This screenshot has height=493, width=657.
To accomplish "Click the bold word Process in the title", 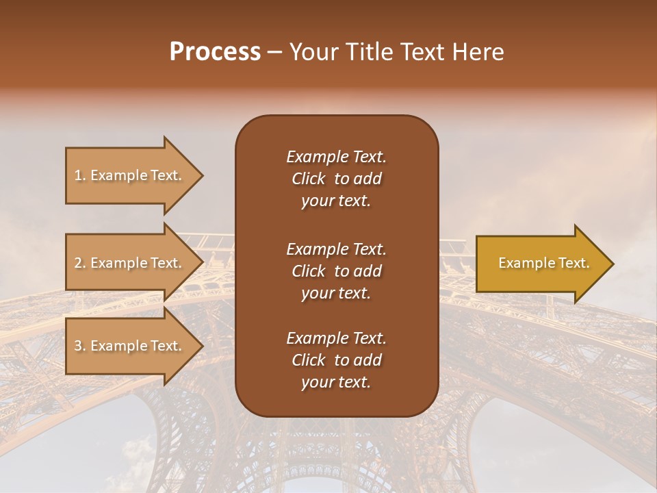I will [215, 52].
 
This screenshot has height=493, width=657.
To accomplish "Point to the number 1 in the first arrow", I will [78, 175].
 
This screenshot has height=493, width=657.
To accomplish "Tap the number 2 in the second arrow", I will [78, 263].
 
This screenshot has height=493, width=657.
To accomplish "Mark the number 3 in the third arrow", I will [78, 346].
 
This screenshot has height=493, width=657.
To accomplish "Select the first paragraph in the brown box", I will [336, 179].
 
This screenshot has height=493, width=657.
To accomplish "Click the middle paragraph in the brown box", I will [336, 271].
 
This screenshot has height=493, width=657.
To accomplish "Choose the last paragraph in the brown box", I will [336, 360].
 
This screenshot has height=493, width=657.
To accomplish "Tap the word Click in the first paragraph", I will [308, 179].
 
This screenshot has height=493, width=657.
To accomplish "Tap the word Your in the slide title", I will [311, 52].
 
